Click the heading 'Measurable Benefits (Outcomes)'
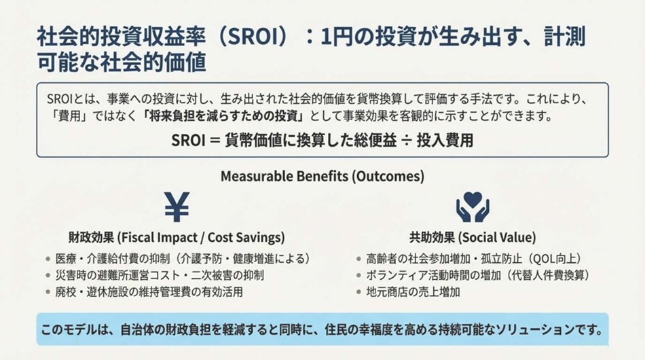pos(322,177)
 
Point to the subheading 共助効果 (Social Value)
pos(473,238)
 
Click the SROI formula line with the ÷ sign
pos(322,141)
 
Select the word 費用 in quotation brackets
pos(65,115)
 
